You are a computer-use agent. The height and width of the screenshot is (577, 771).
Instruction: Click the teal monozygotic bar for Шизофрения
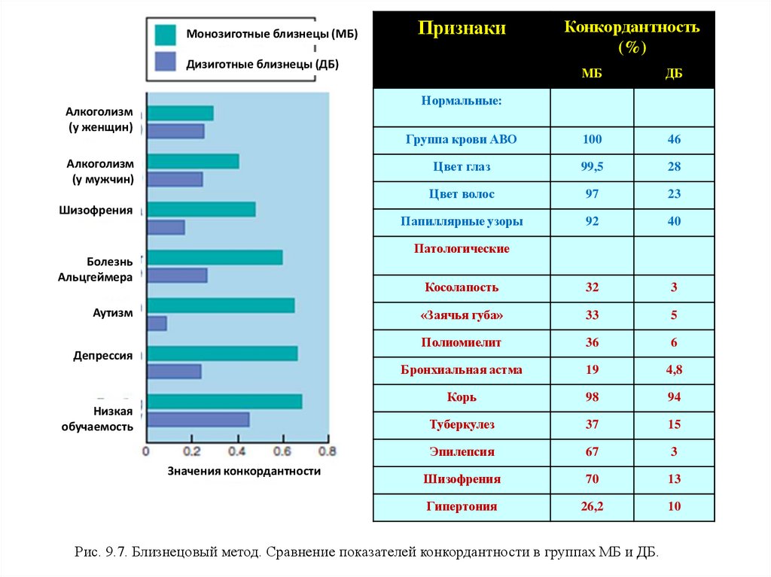[201, 209]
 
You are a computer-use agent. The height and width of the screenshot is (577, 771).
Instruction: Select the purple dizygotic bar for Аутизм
[157, 323]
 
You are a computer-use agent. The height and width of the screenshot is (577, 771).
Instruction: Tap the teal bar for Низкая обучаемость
[224, 401]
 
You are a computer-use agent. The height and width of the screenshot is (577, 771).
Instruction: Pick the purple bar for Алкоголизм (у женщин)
[175, 131]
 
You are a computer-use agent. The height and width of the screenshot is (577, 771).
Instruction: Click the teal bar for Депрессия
[222, 354]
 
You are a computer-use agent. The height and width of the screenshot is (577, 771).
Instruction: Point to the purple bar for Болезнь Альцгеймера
[177, 275]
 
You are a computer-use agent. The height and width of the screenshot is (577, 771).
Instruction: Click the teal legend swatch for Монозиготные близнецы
[165, 35]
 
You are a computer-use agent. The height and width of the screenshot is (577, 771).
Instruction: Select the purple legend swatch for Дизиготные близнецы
[165, 62]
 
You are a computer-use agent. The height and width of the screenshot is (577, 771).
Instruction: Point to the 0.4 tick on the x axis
[238, 451]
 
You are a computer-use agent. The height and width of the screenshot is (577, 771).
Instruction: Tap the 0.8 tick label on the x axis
[327, 452]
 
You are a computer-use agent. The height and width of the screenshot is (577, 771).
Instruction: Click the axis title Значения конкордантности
[243, 472]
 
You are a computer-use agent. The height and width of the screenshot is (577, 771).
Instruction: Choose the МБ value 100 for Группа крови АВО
[591, 140]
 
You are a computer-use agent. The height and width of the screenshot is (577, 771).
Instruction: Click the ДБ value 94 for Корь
[673, 397]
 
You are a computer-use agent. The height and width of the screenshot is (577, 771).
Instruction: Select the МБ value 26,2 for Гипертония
[591, 506]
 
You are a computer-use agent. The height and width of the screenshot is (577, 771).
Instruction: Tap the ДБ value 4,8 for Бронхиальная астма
[673, 369]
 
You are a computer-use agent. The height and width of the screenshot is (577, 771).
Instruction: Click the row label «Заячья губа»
[461, 315]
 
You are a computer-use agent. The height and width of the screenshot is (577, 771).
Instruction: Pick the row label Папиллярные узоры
[461, 221]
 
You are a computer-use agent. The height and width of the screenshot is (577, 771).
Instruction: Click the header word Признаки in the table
[462, 29]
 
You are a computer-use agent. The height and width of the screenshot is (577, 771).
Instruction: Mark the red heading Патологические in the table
[461, 248]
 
